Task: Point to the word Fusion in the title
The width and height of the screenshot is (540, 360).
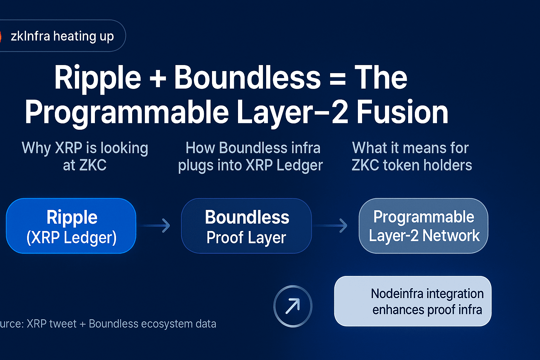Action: (402, 112)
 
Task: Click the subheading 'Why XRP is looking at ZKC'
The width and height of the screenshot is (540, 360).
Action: (85, 156)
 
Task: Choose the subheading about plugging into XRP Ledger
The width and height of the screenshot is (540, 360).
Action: (251, 156)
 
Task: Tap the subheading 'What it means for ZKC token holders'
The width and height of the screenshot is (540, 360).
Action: (412, 156)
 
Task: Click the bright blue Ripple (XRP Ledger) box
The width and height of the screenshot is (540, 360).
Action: (71, 226)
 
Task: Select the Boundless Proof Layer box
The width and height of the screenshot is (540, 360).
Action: (246, 226)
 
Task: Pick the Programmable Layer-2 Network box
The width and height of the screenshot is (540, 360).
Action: (424, 226)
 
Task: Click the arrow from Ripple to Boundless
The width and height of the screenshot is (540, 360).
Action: (155, 226)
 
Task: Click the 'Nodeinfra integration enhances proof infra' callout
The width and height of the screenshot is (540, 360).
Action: (413, 301)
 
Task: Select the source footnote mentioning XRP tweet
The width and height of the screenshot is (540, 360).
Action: (108, 323)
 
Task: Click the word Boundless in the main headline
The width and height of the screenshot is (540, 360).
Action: (247, 78)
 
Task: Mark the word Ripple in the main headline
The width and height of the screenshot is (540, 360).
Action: (98, 79)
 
